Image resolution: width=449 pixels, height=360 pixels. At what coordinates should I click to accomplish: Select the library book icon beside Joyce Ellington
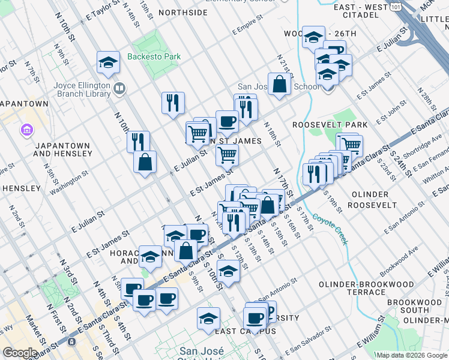click(119, 89)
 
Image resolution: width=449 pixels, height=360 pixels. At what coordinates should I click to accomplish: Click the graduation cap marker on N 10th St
click(108, 62)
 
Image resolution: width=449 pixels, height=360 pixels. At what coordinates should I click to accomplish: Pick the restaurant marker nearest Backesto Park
click(173, 102)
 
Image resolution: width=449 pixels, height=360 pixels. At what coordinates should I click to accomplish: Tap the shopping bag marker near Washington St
click(145, 162)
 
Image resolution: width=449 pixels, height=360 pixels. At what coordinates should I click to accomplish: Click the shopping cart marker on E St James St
click(227, 155)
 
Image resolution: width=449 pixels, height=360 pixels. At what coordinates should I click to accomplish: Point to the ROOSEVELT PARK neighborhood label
click(330, 125)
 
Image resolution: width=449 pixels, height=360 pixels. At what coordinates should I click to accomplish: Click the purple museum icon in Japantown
click(26, 130)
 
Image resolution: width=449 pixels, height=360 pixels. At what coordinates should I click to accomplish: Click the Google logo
click(20, 353)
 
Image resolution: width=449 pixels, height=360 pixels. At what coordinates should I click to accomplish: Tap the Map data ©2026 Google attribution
click(411, 355)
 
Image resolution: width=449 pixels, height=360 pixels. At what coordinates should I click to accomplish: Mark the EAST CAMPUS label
click(237, 331)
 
